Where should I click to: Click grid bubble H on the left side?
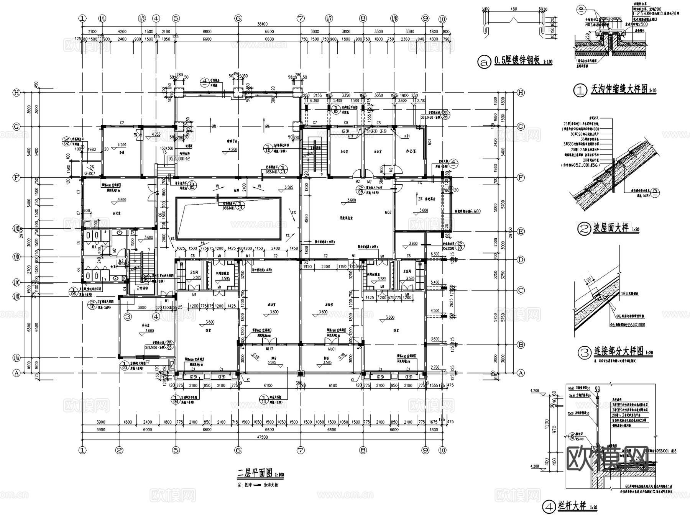pos(16,93)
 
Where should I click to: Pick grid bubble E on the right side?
pos(521,231)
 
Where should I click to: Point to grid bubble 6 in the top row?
pos(238,18)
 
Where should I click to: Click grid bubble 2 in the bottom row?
pos(119,450)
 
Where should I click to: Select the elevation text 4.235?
pos(156,134)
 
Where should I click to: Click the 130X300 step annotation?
pos(166,148)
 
